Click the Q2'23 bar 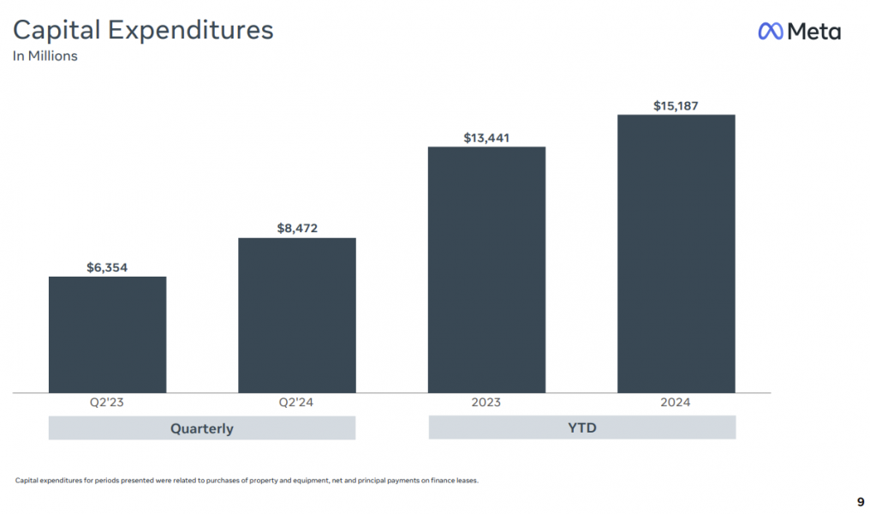point(107,334)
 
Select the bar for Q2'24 point(296,314)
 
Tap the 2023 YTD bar point(486,269)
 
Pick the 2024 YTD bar point(676,254)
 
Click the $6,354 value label point(107,267)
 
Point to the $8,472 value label point(297,229)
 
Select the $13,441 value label point(486,137)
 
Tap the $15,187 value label point(676,105)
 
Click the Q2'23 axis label point(107,403)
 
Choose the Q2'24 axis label point(296,403)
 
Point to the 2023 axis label point(486,403)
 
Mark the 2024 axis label point(676,403)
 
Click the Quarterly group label point(201,428)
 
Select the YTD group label point(581,427)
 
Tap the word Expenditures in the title point(190,31)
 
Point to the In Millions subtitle point(45,57)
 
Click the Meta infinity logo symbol point(771,32)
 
